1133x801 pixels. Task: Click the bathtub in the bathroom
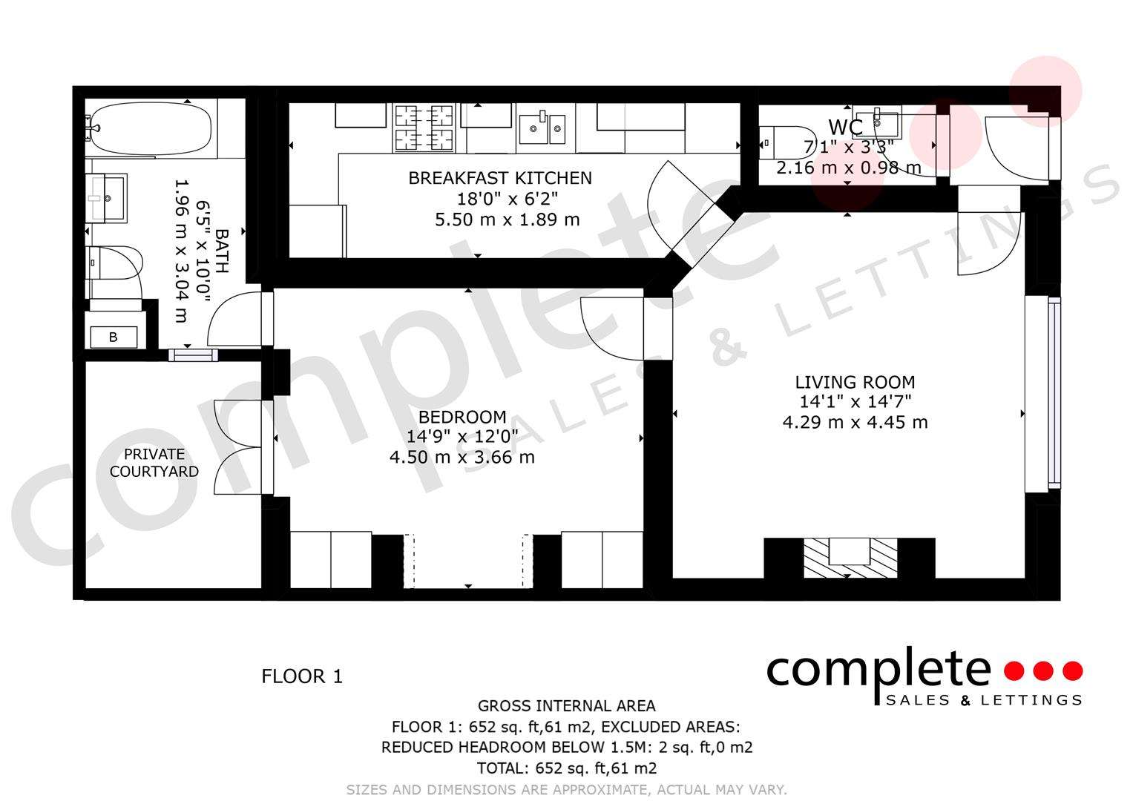[150, 128]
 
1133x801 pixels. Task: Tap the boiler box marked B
[114, 337]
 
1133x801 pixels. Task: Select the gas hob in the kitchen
[424, 128]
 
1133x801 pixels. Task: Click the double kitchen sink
[542, 128]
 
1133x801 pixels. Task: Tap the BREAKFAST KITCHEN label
[500, 178]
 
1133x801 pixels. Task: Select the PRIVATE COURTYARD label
[154, 463]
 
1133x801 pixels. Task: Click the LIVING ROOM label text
[855, 382]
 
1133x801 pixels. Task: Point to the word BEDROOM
[462, 417]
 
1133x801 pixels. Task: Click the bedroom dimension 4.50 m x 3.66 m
[462, 457]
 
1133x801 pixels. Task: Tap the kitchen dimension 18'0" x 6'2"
[508, 199]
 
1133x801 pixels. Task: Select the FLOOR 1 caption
[302, 676]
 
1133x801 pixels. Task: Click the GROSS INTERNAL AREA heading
[567, 705]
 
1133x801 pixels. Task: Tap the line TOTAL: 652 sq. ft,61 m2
[567, 768]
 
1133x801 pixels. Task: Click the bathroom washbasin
[106, 198]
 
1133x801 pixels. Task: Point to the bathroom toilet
[114, 263]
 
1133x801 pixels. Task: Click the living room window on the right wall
[1054, 393]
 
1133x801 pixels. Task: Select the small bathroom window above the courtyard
[193, 355]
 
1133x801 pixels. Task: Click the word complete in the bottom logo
[878, 670]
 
